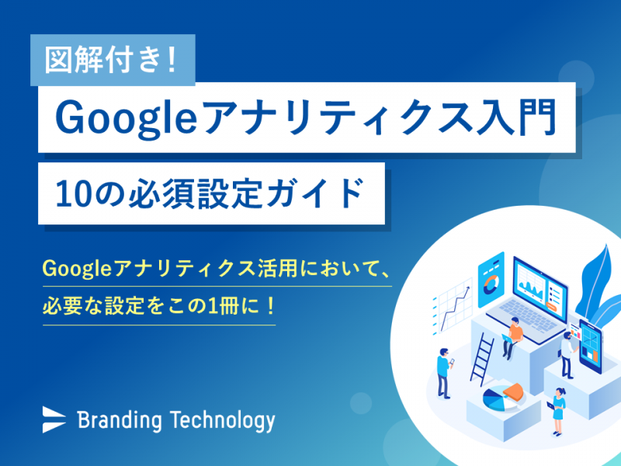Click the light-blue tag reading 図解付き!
pyautogui.click(x=113, y=60)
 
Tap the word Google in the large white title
pyautogui.click(x=126, y=118)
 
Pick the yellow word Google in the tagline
pyautogui.click(x=76, y=269)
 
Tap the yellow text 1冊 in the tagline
pyautogui.click(x=224, y=306)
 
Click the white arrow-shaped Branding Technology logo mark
pyautogui.click(x=54, y=419)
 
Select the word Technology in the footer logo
pyautogui.click(x=223, y=421)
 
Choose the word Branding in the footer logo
pyautogui.click(x=120, y=421)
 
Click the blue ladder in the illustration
pyautogui.click(x=482, y=359)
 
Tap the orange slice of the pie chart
pyautogui.click(x=515, y=391)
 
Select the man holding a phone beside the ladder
pyautogui.click(x=444, y=373)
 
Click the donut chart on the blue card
pyautogui.click(x=491, y=284)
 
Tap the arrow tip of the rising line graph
pyautogui.click(x=470, y=288)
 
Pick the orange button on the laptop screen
pyautogui.click(x=551, y=305)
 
